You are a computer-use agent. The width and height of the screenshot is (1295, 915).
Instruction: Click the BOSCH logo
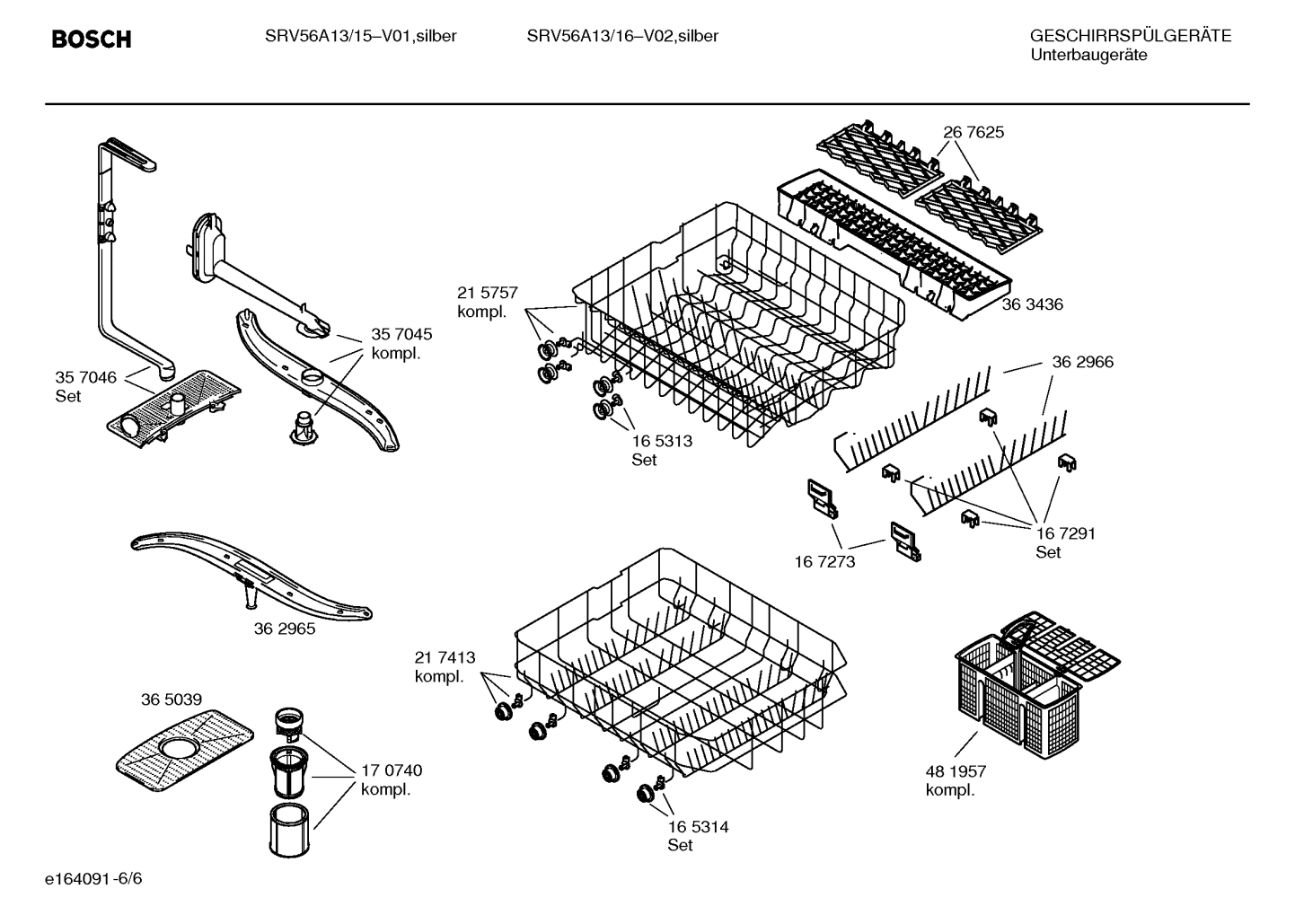(x=92, y=39)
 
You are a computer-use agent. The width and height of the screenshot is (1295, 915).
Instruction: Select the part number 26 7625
(x=973, y=133)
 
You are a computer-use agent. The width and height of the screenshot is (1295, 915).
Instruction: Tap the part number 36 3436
(x=1032, y=304)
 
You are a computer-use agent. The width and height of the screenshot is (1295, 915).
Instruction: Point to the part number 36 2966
(x=1082, y=362)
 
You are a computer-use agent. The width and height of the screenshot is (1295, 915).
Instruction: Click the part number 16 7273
(x=824, y=562)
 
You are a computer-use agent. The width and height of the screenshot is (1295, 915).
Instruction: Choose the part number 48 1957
(x=956, y=771)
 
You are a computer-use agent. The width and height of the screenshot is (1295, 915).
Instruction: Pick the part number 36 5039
(x=171, y=699)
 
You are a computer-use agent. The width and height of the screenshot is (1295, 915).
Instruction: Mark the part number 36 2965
(x=285, y=629)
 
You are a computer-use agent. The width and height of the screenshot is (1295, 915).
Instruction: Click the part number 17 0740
(x=392, y=770)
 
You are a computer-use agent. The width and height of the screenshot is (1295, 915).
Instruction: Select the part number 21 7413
(x=445, y=657)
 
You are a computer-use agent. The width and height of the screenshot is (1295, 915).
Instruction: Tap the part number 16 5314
(x=698, y=827)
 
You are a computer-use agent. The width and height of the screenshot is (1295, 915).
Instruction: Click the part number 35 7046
(x=85, y=377)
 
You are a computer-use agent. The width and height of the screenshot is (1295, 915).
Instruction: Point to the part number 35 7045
(x=401, y=334)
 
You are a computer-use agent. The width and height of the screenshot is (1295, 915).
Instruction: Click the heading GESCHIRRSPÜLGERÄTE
(x=1130, y=37)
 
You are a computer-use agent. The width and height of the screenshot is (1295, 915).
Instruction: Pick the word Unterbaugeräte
(x=1088, y=56)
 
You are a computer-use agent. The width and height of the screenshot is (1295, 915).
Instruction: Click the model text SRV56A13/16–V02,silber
(x=622, y=37)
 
